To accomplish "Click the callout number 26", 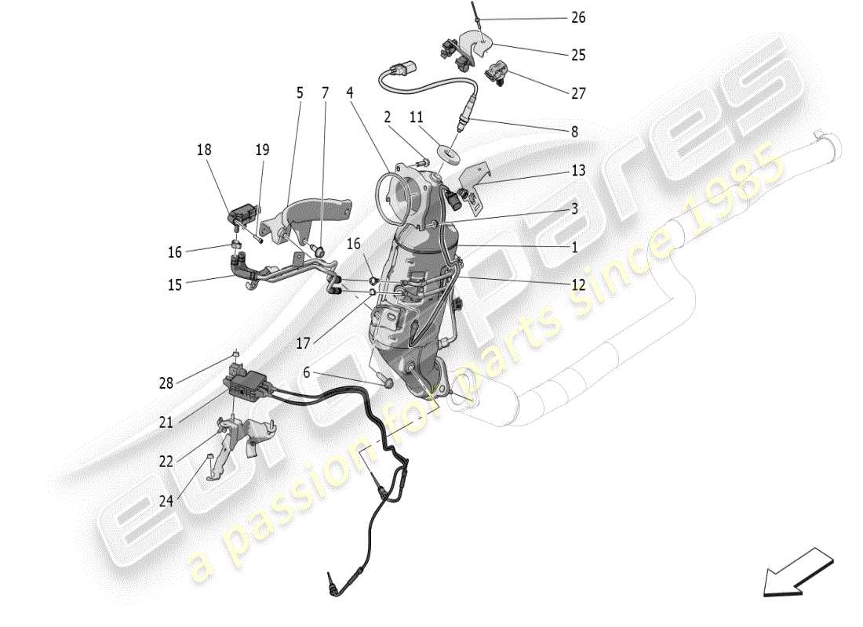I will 577,17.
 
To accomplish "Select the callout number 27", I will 578,92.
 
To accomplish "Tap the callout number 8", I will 574,132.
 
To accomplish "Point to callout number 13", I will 577,170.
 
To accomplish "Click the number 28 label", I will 166,384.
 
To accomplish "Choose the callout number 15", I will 174,285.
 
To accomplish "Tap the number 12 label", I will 577,285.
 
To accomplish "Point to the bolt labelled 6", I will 385,383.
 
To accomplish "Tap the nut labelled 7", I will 320,250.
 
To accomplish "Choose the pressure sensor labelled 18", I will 243,212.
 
